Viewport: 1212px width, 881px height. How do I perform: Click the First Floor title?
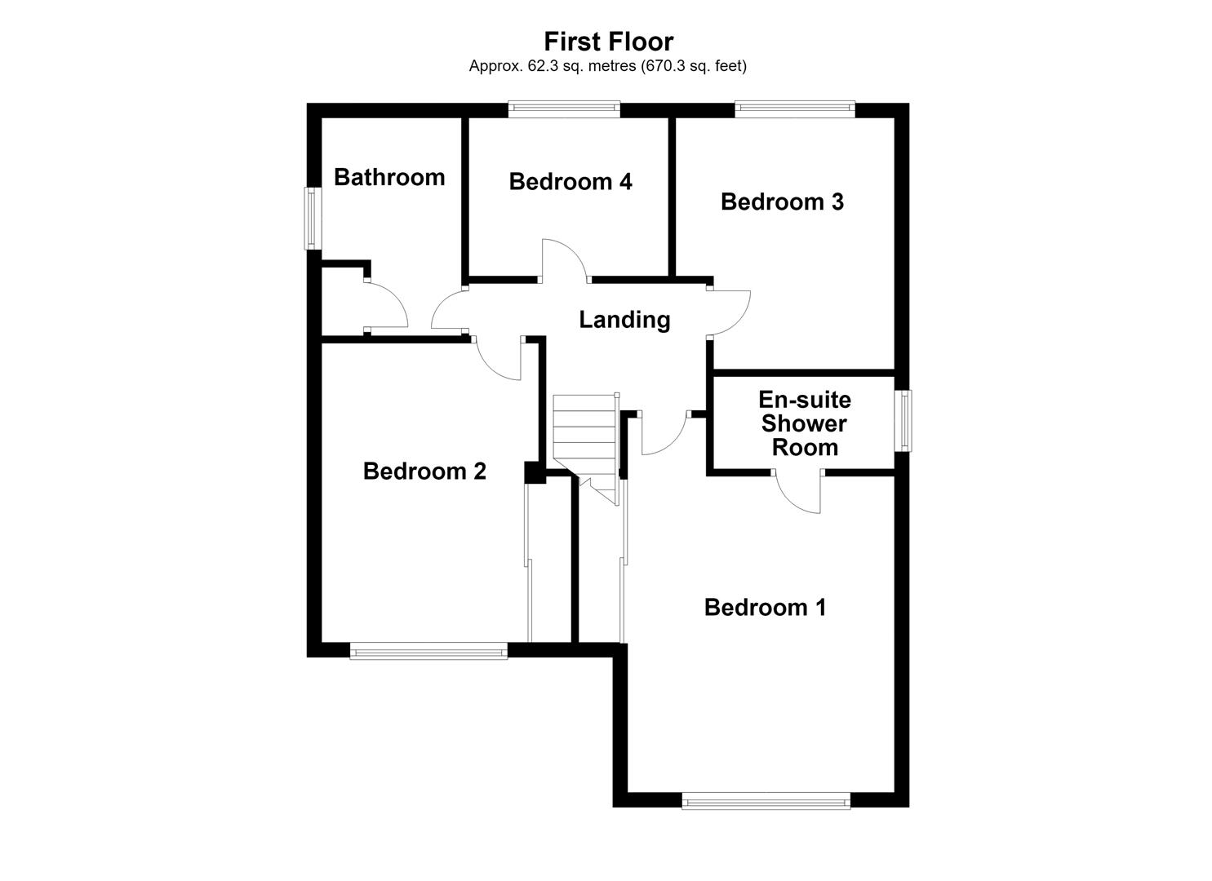(x=608, y=41)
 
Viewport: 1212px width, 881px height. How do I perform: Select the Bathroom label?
(x=389, y=177)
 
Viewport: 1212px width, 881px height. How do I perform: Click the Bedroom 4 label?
(x=570, y=182)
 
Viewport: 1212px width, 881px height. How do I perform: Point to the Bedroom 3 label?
(x=782, y=201)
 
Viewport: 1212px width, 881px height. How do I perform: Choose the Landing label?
(x=624, y=320)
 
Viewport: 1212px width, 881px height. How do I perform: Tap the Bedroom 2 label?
(x=424, y=471)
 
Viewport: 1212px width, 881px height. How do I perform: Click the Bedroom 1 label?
(x=765, y=608)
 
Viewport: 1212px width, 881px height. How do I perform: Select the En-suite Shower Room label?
(x=805, y=423)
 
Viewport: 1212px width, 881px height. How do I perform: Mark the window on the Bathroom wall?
(x=311, y=218)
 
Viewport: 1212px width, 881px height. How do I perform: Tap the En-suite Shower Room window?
(x=906, y=421)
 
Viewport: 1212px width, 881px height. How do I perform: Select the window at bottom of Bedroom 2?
(x=428, y=651)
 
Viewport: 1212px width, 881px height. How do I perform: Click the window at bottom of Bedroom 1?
(x=766, y=801)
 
